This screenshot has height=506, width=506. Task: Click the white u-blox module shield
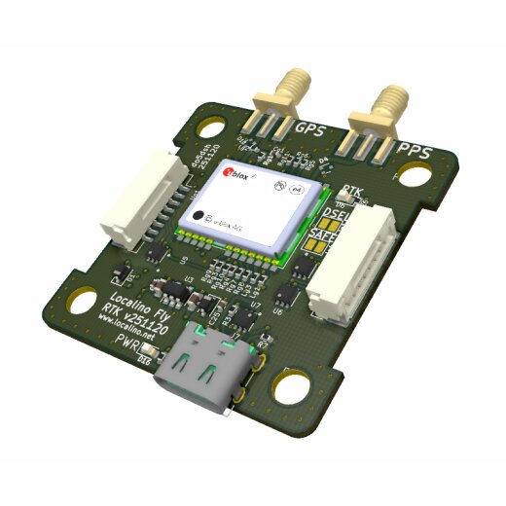click(255, 202)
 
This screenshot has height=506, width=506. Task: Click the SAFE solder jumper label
click(321, 236)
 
